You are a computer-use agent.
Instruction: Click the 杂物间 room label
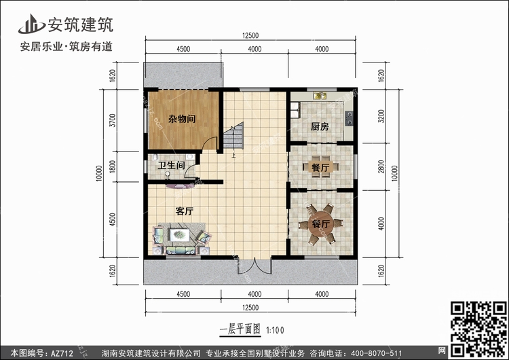[182, 119]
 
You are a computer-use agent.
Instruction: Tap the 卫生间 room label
[171, 165]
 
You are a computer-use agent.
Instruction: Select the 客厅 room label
[185, 211]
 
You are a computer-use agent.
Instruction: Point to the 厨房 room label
[320, 126]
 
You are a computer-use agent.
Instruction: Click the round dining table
[320, 224]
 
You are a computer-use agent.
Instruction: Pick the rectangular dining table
[320, 168]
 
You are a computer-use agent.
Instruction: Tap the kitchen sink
[320, 96]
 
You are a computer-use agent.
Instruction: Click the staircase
[233, 136]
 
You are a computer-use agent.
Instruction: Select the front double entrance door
[254, 266]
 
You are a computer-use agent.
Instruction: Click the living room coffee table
[180, 234]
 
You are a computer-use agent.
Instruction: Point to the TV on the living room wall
[180, 186]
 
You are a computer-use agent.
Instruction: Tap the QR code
[478, 329]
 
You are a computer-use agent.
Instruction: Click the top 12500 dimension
[250, 36]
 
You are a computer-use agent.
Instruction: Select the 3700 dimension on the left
[112, 120]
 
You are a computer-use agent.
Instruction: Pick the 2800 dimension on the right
[381, 166]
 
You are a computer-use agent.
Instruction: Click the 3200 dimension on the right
[381, 116]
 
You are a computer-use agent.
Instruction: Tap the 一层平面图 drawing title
[240, 330]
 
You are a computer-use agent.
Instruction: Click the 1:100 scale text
[275, 330]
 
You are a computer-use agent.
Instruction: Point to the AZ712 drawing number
[62, 353]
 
